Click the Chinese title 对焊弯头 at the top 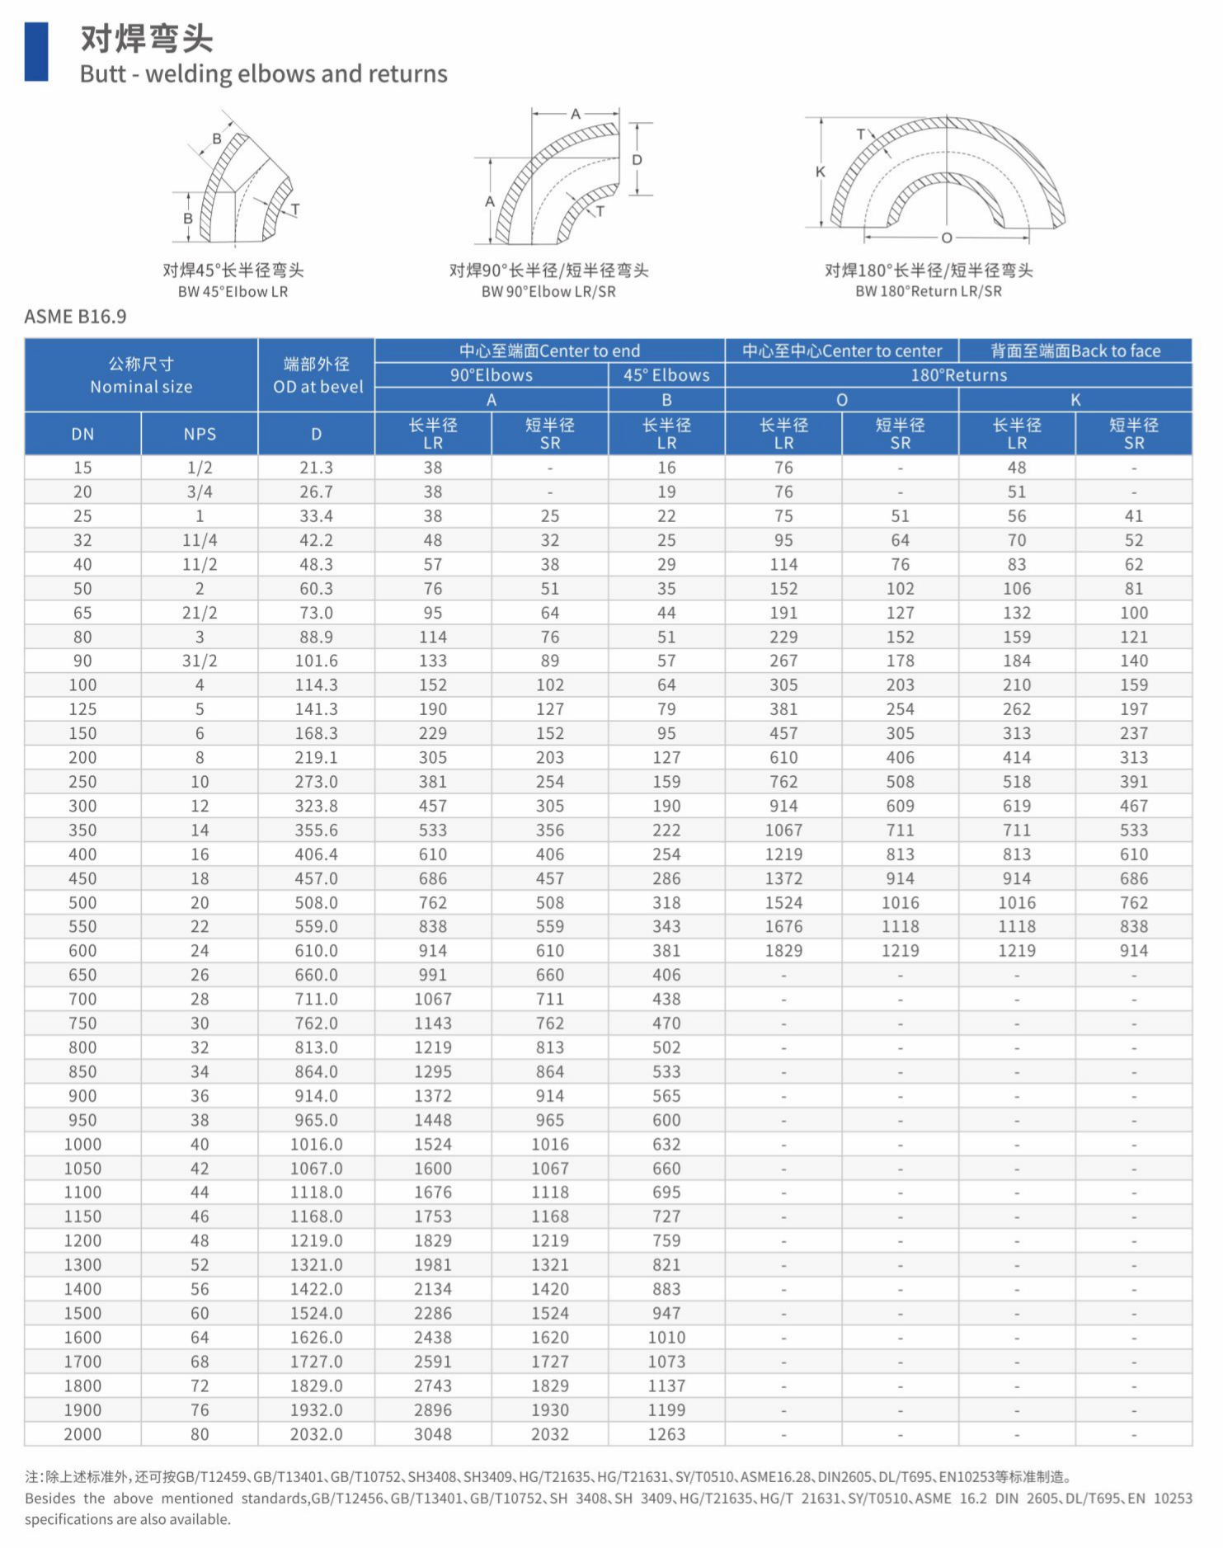point(147,39)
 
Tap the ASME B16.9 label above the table point(75,317)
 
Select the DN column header point(82,434)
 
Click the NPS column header point(200,434)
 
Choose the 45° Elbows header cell point(666,375)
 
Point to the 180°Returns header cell point(958,375)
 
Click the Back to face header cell point(1075,351)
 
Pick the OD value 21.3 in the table point(316,468)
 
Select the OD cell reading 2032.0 point(316,1434)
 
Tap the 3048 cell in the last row point(433,1434)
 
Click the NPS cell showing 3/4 point(200,492)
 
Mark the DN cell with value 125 point(82,709)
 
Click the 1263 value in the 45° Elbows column point(666,1434)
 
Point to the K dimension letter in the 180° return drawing point(820,172)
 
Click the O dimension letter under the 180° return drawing point(947,238)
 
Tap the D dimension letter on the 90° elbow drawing point(637,159)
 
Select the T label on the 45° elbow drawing point(295,209)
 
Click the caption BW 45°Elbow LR point(233,292)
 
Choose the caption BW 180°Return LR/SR point(929,291)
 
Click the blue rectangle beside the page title point(36,51)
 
